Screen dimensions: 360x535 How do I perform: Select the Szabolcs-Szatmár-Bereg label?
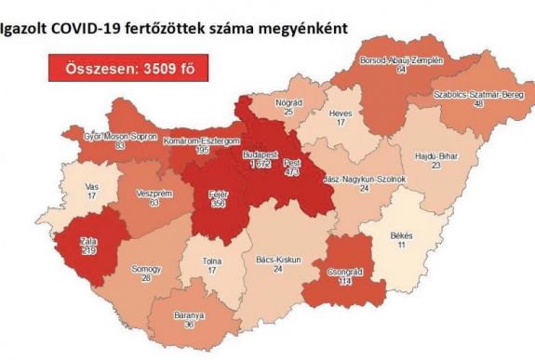[x=475, y=94]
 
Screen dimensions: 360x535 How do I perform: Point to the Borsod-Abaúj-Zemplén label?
[x=402, y=60]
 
